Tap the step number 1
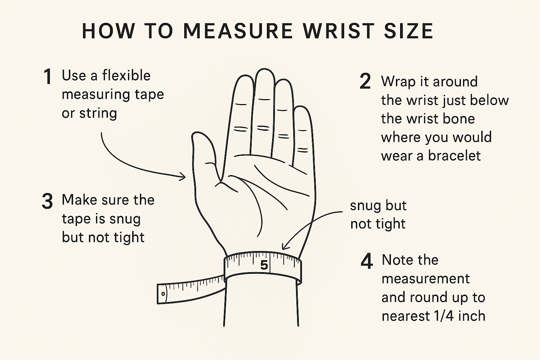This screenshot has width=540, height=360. pyautogui.click(x=47, y=77)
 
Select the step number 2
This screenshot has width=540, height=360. pyautogui.click(x=365, y=82)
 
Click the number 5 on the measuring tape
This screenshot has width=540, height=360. pyautogui.click(x=264, y=265)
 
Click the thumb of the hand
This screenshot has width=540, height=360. pyautogui.click(x=202, y=151)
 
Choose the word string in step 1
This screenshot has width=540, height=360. pyautogui.click(x=98, y=114)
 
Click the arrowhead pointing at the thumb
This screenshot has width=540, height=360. pyautogui.click(x=183, y=176)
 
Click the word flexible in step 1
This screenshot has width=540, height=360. pyautogui.click(x=126, y=76)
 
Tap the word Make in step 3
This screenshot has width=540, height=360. pyautogui.click(x=79, y=200)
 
